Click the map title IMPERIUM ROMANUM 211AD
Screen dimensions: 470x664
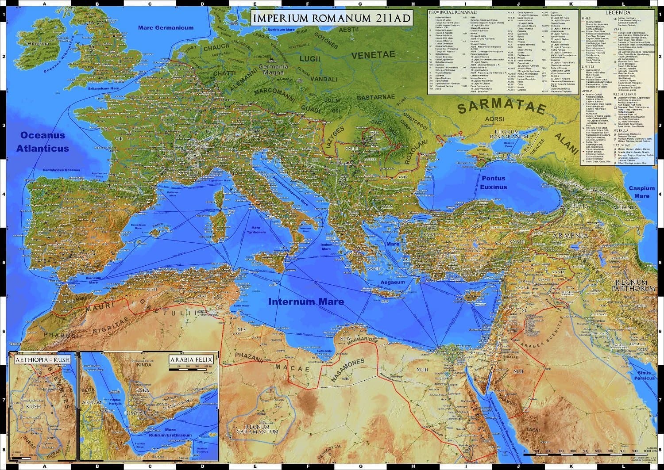pyautogui.click(x=331, y=19)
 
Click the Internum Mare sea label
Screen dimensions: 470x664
pyautogui.click(x=306, y=302)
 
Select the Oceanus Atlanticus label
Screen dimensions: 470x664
pyautogui.click(x=42, y=142)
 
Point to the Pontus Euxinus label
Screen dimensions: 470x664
pyautogui.click(x=494, y=183)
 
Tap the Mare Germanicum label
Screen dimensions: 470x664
pyautogui.click(x=166, y=28)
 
